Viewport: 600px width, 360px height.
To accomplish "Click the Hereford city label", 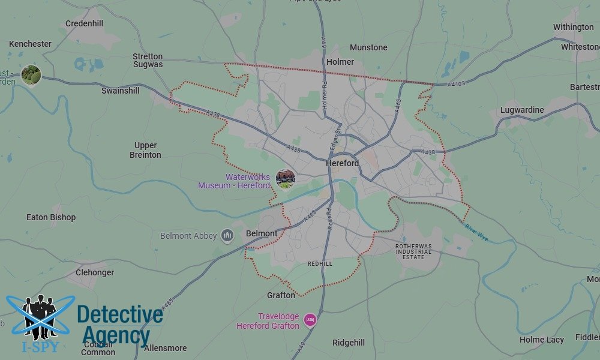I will [x=342, y=163].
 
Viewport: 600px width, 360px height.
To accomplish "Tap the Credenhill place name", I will [x=84, y=23].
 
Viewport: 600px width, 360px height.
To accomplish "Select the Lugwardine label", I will [x=522, y=110].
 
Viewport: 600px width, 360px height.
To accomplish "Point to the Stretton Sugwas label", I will [x=148, y=60].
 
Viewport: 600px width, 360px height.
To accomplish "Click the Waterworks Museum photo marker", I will [x=285, y=178].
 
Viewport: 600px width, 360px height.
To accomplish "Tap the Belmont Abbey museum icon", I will [x=227, y=236].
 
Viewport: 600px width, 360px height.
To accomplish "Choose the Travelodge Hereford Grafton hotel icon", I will [x=310, y=320].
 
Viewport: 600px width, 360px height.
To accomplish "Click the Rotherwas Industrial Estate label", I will [x=413, y=251].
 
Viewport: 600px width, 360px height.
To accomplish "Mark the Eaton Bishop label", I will [x=51, y=217].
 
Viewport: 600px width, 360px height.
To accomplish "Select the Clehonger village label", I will [x=95, y=272].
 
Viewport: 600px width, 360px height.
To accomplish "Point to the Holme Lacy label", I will [x=541, y=340].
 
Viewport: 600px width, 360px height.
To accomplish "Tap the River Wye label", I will [x=475, y=232].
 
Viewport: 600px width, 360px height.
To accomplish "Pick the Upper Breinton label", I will [x=145, y=150].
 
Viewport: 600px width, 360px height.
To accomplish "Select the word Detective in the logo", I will [x=120, y=315].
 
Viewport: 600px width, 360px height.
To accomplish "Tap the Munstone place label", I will [x=368, y=47].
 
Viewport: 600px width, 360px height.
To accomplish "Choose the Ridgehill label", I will [x=349, y=343].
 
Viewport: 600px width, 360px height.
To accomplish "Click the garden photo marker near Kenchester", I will [x=31, y=75].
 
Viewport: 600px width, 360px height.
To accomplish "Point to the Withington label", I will [x=573, y=27].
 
